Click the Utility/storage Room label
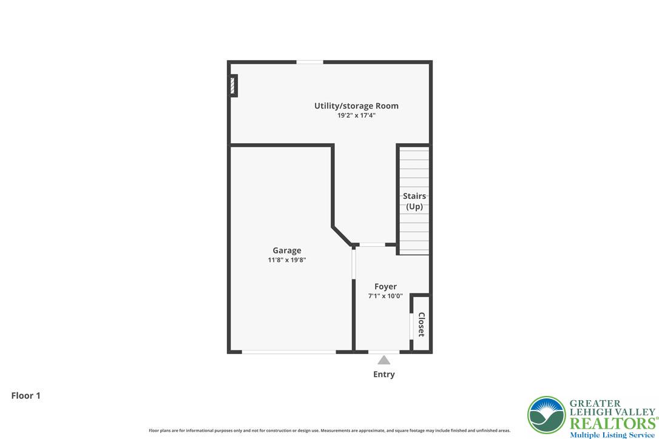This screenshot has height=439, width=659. click(356, 106)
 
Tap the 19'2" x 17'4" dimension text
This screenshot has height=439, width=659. click(356, 115)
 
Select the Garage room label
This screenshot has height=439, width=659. click(286, 250)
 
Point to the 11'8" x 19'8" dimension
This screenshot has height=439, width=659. click(286, 260)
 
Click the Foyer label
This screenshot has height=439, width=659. click(385, 286)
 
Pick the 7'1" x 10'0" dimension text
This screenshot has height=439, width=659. click(385, 296)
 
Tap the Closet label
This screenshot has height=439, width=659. click(421, 324)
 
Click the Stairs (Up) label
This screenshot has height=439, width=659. click(414, 201)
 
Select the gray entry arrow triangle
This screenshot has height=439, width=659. click(384, 360)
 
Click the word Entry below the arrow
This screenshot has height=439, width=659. click(384, 374)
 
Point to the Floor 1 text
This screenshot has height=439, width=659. click(26, 395)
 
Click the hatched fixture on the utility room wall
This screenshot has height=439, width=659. click(232, 85)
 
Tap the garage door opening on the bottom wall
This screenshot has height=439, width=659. click(289, 352)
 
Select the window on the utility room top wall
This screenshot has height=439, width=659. click(309, 62)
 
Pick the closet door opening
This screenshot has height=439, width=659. click(411, 326)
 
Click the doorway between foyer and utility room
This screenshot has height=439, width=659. click(372, 245)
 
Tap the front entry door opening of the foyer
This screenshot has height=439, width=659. click(384, 352)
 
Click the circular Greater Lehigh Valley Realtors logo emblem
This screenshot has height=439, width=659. click(546, 415)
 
